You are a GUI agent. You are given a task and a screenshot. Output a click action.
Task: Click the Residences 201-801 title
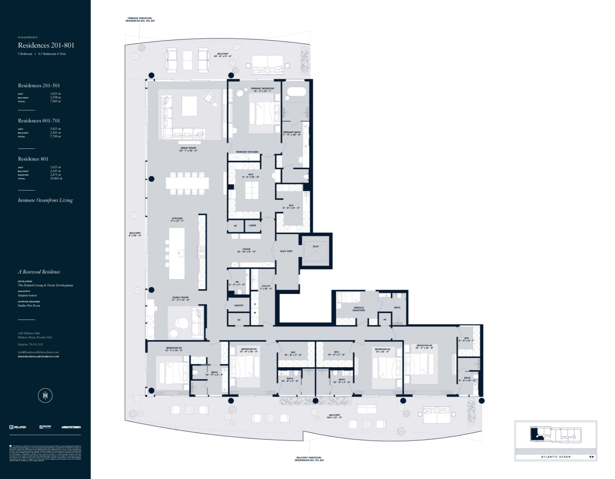[46, 45]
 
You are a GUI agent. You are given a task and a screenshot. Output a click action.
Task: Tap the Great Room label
[188, 149]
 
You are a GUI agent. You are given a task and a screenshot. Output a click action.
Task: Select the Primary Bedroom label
[262, 89]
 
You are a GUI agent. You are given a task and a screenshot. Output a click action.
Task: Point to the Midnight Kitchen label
[247, 152]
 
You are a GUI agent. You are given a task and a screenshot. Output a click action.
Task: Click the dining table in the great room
[187, 183]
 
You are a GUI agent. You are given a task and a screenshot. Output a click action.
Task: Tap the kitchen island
[177, 253]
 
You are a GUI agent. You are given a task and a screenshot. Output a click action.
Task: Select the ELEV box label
[316, 246]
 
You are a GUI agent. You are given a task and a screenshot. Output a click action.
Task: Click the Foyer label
[246, 250]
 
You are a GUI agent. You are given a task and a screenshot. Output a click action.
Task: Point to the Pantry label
[239, 305]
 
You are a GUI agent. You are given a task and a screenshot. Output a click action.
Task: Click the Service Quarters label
[358, 309]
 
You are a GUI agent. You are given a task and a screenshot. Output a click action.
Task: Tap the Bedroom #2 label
[174, 349]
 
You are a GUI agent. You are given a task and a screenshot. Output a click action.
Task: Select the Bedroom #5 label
[424, 346]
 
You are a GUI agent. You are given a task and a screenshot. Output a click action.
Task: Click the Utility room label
[266, 287]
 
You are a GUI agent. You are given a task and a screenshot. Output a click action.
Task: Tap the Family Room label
[181, 298]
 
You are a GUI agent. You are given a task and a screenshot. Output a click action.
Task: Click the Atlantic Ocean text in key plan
[556, 457]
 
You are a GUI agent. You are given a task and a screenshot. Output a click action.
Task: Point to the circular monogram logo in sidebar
[45, 395]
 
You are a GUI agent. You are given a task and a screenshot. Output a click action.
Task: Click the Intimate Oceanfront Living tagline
[45, 200]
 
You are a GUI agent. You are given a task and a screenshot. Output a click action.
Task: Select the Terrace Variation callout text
[140, 20]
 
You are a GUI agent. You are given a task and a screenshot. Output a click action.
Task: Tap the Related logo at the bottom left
[18, 427]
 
